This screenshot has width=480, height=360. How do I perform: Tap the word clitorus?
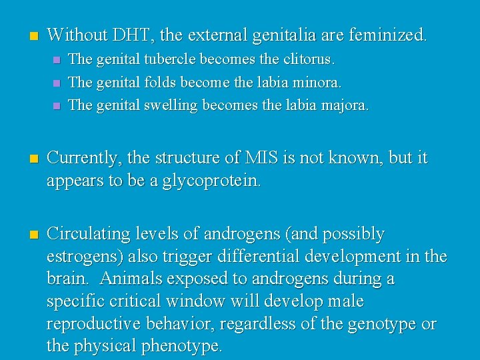[x=307, y=59]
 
